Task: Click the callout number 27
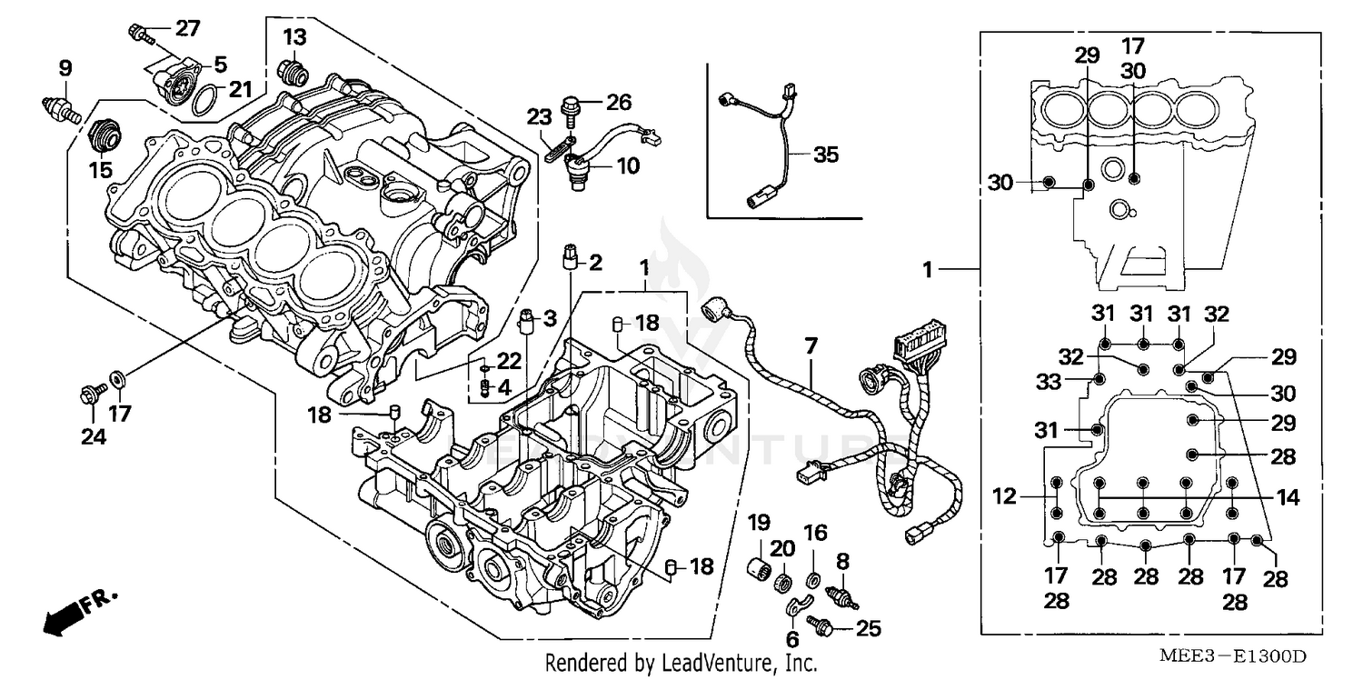click(186, 28)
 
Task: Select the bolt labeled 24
click(90, 395)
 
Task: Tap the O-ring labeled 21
click(206, 99)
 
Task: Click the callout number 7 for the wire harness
click(810, 345)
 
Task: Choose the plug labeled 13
click(292, 70)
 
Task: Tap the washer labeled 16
click(814, 577)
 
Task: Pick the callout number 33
click(1050, 383)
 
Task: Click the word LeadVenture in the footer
click(722, 665)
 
